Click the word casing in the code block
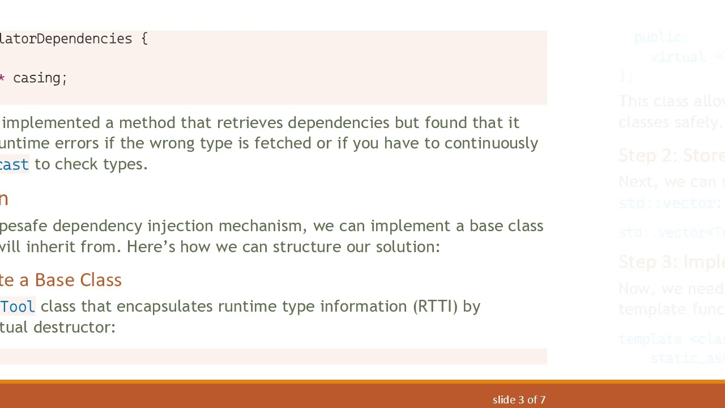(39, 78)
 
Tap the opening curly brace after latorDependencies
(144, 39)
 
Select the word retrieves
(250, 123)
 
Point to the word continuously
(491, 143)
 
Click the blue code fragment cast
(14, 164)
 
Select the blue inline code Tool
(17, 307)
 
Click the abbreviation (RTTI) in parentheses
(435, 307)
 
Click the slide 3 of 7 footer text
(519, 400)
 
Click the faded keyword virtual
(677, 57)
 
